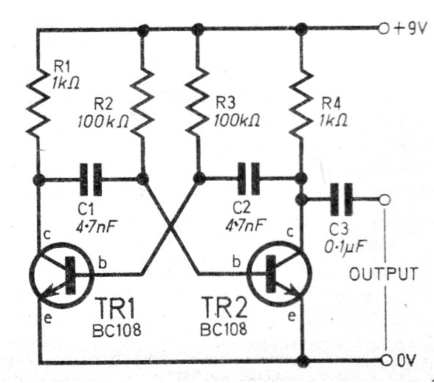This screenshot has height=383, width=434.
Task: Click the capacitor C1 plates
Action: (x=92, y=178)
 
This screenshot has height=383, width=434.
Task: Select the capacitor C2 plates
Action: (x=250, y=178)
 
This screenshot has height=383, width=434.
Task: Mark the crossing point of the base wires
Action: (x=170, y=227)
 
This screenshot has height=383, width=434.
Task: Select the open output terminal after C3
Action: (x=384, y=199)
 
